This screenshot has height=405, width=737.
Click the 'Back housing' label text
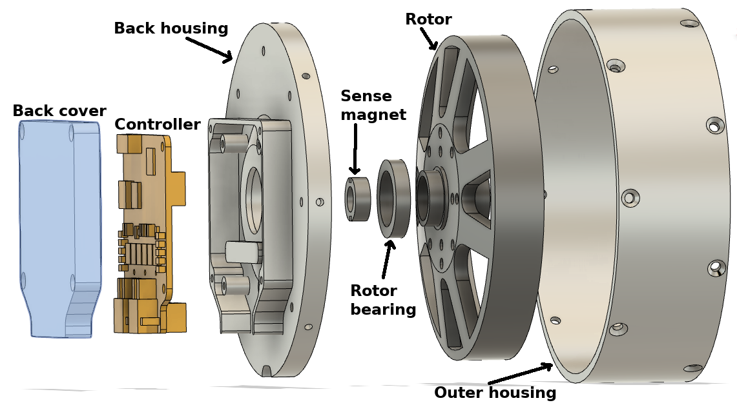[171, 29]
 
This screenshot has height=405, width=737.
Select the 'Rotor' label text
[428, 19]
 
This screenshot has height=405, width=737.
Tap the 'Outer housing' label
[495, 393]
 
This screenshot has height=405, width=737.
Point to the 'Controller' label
[157, 124]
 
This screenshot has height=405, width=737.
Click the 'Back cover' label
[59, 111]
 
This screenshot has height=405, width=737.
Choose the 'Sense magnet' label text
[373, 106]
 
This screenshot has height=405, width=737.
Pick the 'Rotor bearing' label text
[383, 300]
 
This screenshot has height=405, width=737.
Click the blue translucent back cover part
[58, 226]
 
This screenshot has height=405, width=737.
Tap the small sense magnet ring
[356, 199]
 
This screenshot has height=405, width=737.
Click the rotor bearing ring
[393, 199]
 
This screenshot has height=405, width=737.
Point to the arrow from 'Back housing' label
[209, 49]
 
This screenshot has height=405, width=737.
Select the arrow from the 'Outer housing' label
[520, 374]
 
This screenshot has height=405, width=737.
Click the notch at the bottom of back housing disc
[266, 371]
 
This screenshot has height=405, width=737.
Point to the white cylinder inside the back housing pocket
[242, 252]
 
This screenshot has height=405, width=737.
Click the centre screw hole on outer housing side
[630, 197]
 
